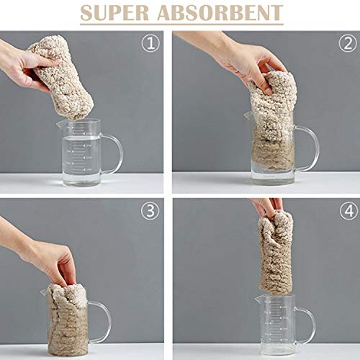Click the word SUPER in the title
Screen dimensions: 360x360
click(x=114, y=12)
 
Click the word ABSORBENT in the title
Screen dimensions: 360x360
click(x=220, y=12)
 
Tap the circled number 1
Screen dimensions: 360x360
click(x=150, y=43)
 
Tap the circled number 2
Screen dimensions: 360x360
click(x=348, y=43)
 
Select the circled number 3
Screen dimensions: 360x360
click(x=150, y=211)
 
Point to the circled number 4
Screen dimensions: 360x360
click(x=348, y=211)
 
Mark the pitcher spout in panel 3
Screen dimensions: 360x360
click(x=44, y=293)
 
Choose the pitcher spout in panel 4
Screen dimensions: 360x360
click(x=257, y=299)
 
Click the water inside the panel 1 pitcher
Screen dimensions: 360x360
click(x=81, y=160)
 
